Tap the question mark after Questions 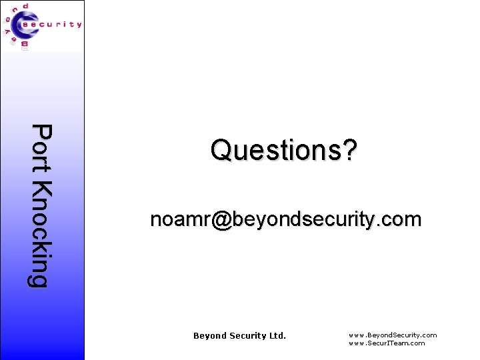coord(350,150)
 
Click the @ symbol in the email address coord(222,219)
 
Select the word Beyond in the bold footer coord(209,336)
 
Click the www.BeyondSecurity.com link coord(393,335)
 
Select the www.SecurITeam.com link coord(387,343)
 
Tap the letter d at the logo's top coord(25,6)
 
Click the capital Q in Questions coord(221,151)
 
